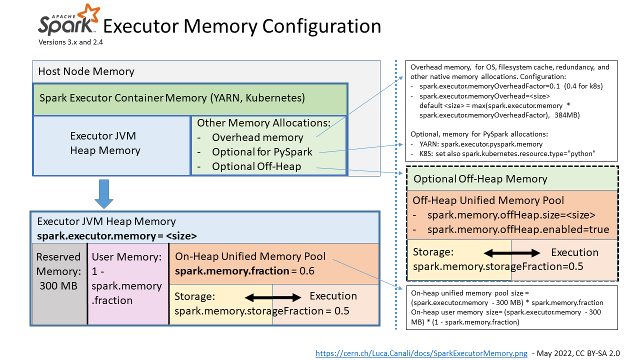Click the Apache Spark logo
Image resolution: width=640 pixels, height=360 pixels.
coord(69,19)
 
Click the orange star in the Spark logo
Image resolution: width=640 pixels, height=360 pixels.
coord(89,13)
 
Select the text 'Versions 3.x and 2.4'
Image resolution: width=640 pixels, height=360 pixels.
coord(70,42)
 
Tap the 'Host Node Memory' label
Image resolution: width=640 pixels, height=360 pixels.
coord(86,71)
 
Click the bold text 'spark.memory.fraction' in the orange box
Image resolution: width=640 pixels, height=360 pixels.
coord(232,271)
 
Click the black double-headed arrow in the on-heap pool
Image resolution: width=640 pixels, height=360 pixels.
coord(273,297)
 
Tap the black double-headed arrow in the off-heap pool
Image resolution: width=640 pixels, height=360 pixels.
coord(511,253)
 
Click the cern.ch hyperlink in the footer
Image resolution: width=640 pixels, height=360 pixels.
coord(421,353)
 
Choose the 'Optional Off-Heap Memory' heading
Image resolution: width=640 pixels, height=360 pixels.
coord(480,179)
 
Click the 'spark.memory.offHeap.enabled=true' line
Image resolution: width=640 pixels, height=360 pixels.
coord(518,229)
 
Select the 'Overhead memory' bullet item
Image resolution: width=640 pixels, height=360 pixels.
coord(257,137)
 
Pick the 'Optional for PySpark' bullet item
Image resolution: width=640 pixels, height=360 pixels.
coord(262,152)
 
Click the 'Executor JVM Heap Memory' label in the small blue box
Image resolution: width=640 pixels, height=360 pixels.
coord(105,143)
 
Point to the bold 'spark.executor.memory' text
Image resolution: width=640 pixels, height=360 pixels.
coord(96,236)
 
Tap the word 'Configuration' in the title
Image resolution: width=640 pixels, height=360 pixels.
coord(321,26)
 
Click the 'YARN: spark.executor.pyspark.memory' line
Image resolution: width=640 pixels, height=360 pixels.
coord(481,144)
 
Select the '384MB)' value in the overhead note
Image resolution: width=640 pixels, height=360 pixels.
coord(567,115)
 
